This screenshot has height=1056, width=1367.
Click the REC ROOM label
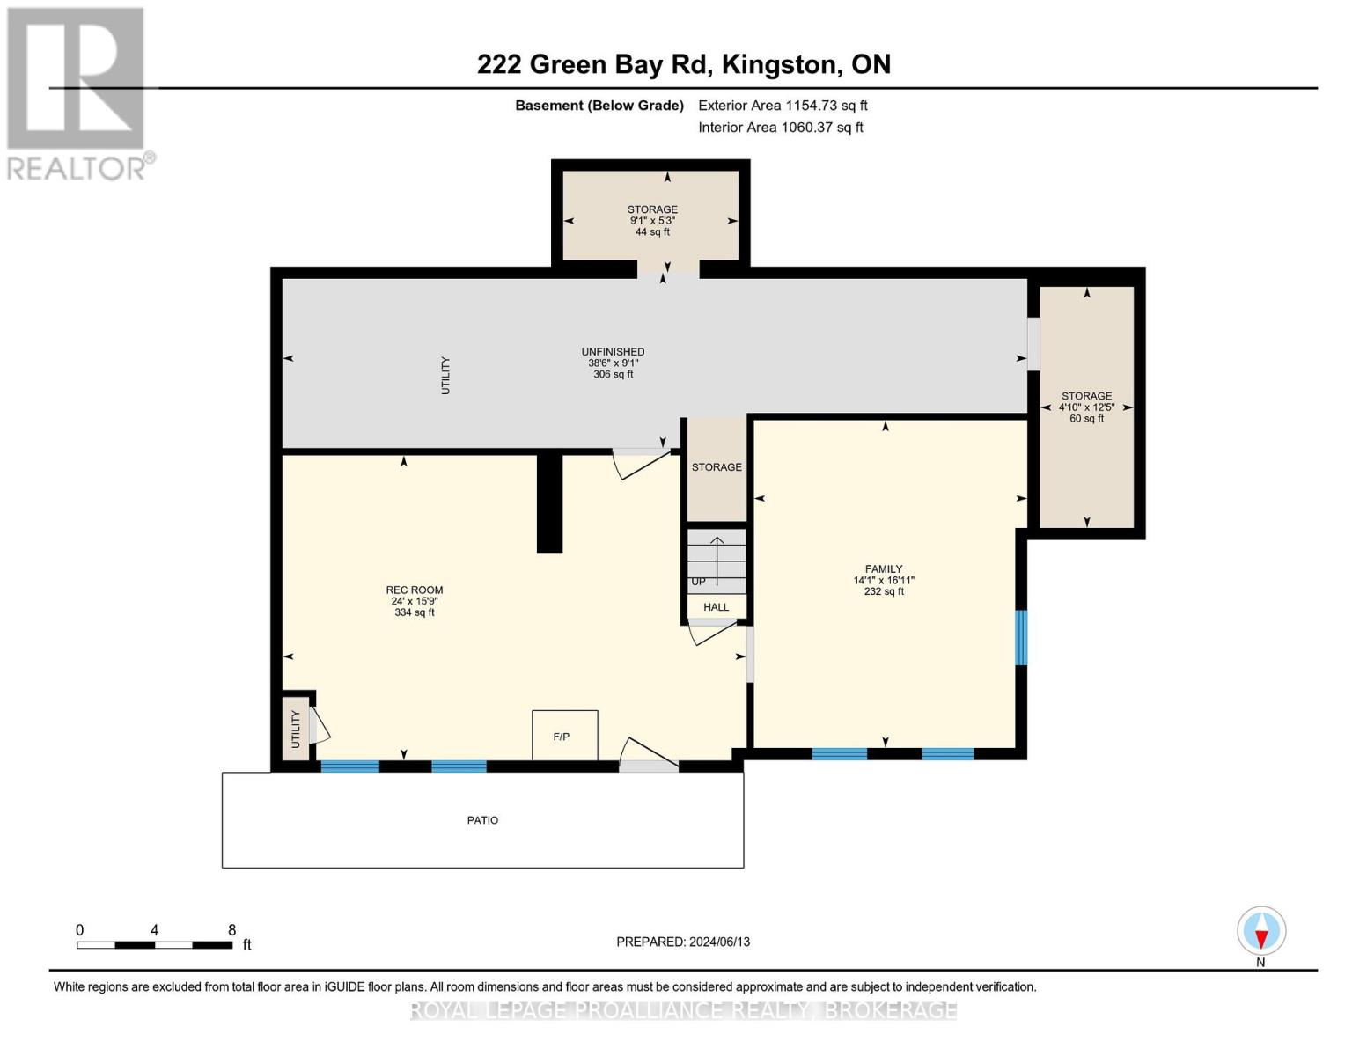(x=414, y=590)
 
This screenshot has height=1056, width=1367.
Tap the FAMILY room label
(x=883, y=568)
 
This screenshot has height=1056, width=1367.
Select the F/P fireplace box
(x=564, y=735)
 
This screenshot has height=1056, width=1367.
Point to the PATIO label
(x=482, y=820)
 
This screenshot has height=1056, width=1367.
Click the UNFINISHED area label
(x=613, y=352)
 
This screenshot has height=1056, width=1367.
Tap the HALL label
(x=716, y=607)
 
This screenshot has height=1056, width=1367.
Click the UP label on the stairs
(x=698, y=582)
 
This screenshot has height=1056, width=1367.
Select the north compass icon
(x=1261, y=931)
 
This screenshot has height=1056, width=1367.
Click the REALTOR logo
(x=77, y=94)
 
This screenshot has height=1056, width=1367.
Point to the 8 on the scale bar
(x=232, y=929)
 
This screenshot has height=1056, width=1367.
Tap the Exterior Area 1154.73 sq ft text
(x=783, y=106)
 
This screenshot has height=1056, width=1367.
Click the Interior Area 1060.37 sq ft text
(x=780, y=128)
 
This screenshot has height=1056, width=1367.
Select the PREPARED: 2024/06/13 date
(x=682, y=942)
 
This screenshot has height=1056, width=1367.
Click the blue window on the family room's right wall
(x=1021, y=638)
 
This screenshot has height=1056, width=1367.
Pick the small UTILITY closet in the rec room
(x=296, y=729)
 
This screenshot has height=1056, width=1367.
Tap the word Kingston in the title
(x=779, y=64)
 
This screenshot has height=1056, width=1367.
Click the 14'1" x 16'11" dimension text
(x=883, y=581)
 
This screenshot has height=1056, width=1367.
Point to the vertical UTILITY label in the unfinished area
(x=445, y=376)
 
